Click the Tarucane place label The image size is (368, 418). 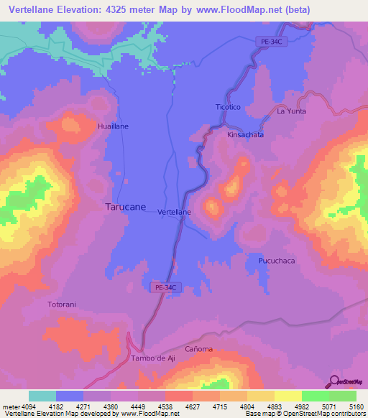126,206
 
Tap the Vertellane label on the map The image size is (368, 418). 174,213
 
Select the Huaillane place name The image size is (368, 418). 113,126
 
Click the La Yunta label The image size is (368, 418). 291,112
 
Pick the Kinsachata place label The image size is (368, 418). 245,134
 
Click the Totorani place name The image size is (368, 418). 62,305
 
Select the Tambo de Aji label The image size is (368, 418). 153,358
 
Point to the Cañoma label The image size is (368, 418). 199,349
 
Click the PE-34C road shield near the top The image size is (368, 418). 272,43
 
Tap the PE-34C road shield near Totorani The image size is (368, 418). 162,287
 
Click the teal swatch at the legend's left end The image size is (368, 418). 42,396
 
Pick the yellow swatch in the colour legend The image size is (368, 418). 287,396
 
